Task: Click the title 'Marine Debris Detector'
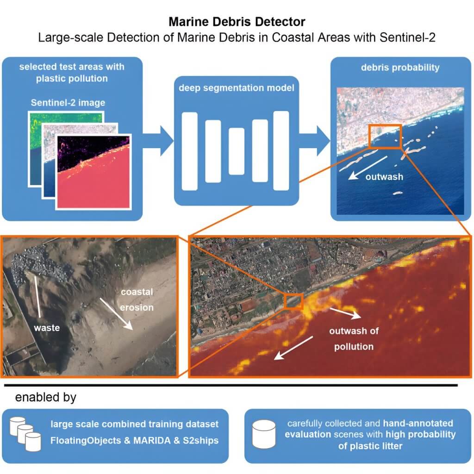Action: click(237, 22)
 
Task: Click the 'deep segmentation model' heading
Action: click(237, 88)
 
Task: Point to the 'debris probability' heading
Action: click(400, 68)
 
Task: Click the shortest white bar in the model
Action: click(237, 151)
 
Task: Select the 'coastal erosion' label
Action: click(137, 300)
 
